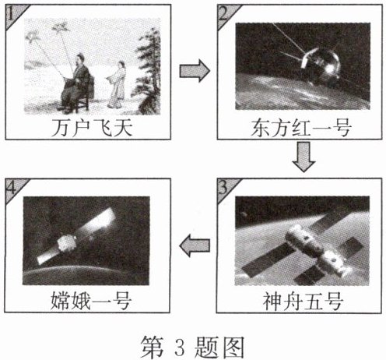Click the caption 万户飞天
click(92, 128)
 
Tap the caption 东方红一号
click(301, 128)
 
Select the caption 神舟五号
click(303, 302)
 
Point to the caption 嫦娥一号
click(91, 302)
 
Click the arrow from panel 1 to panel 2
click(195, 71)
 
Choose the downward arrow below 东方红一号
click(304, 157)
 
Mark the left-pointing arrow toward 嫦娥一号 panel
click(195, 245)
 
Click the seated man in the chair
click(75, 83)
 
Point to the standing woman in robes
click(116, 84)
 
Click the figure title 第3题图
click(192, 347)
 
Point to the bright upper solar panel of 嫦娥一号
click(96, 221)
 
